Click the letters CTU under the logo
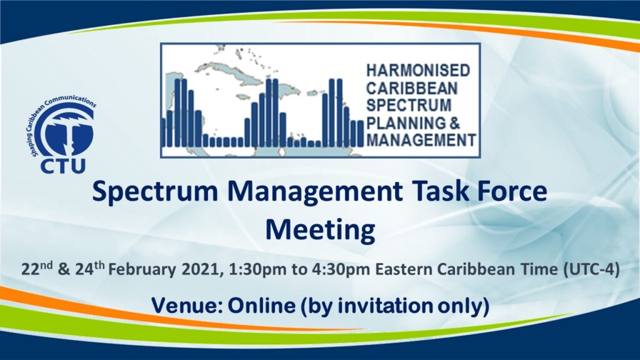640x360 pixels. (x=63, y=165)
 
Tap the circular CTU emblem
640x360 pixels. (x=65, y=130)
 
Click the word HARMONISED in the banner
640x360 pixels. (x=418, y=71)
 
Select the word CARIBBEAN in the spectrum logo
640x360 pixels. (x=412, y=88)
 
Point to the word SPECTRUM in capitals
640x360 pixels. (x=409, y=105)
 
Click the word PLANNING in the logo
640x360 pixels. (x=406, y=123)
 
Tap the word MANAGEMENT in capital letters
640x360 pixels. (x=421, y=140)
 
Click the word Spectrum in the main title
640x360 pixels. (x=156, y=192)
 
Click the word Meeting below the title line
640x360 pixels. (x=321, y=231)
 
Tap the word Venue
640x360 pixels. (x=186, y=305)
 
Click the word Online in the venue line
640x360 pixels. (x=261, y=305)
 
